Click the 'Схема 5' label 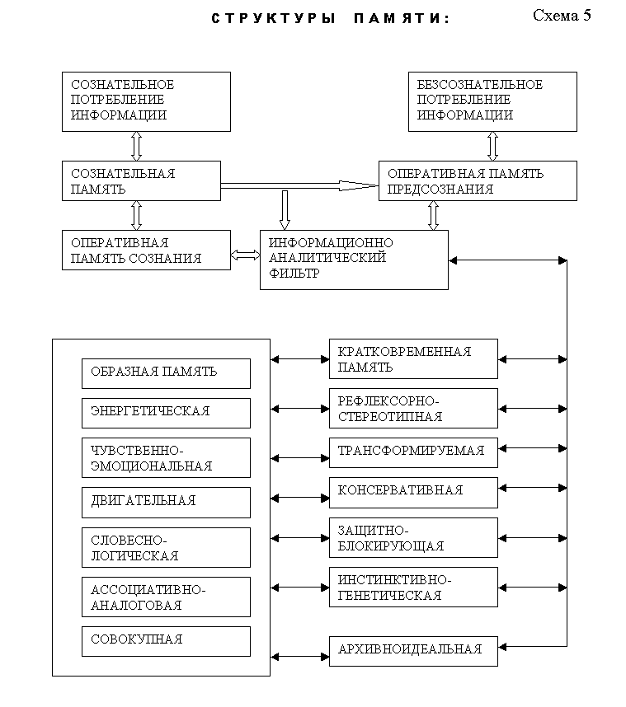coord(562,16)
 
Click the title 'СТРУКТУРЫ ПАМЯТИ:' coord(331,18)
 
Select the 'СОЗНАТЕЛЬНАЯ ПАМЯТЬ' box coord(141,180)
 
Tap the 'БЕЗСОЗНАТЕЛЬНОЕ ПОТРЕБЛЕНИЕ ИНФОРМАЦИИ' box coord(492,102)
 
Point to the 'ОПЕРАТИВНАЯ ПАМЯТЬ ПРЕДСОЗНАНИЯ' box coord(478,180)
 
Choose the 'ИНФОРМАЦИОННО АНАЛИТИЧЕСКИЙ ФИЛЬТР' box coord(354,260)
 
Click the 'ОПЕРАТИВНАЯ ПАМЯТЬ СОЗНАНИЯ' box coord(146,250)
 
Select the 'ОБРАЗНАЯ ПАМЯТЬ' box coord(166,374)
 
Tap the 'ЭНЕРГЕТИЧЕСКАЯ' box coord(166,413)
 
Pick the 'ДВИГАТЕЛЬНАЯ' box coord(166,503)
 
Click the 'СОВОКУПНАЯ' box coord(166,641)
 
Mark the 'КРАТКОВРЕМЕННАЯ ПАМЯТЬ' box coord(413,359)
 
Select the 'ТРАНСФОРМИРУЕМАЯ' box coord(413,452)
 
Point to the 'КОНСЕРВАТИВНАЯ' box coord(413,493)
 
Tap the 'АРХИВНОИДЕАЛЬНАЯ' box coord(413,651)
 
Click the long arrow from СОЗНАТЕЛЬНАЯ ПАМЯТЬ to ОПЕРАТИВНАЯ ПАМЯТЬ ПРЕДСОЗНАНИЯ coord(299,185)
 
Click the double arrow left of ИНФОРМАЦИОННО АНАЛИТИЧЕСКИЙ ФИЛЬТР coord(245,255)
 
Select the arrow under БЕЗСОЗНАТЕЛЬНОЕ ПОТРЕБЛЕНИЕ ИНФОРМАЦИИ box coord(493,146)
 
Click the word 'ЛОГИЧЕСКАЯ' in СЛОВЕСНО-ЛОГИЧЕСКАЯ coord(134,556)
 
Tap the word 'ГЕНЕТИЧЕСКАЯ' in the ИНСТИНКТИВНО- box coord(389,596)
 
